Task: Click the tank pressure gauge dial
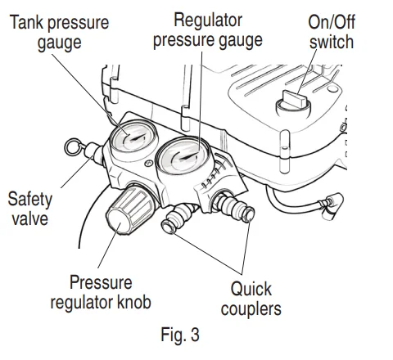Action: [x=133, y=137]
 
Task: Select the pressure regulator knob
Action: [x=129, y=210]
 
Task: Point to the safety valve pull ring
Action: [x=73, y=146]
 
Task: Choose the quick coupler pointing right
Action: [x=234, y=206]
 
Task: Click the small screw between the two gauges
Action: [x=148, y=163]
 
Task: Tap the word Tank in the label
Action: [x=26, y=22]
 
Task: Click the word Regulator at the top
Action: [x=208, y=20]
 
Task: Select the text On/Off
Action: [x=332, y=22]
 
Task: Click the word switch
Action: [x=332, y=42]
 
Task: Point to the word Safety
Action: [x=29, y=200]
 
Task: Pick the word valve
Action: [x=29, y=218]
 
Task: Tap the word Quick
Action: [x=251, y=289]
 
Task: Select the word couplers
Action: [x=251, y=309]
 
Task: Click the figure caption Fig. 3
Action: [x=180, y=335]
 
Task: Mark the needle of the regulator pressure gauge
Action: [x=187, y=156]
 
